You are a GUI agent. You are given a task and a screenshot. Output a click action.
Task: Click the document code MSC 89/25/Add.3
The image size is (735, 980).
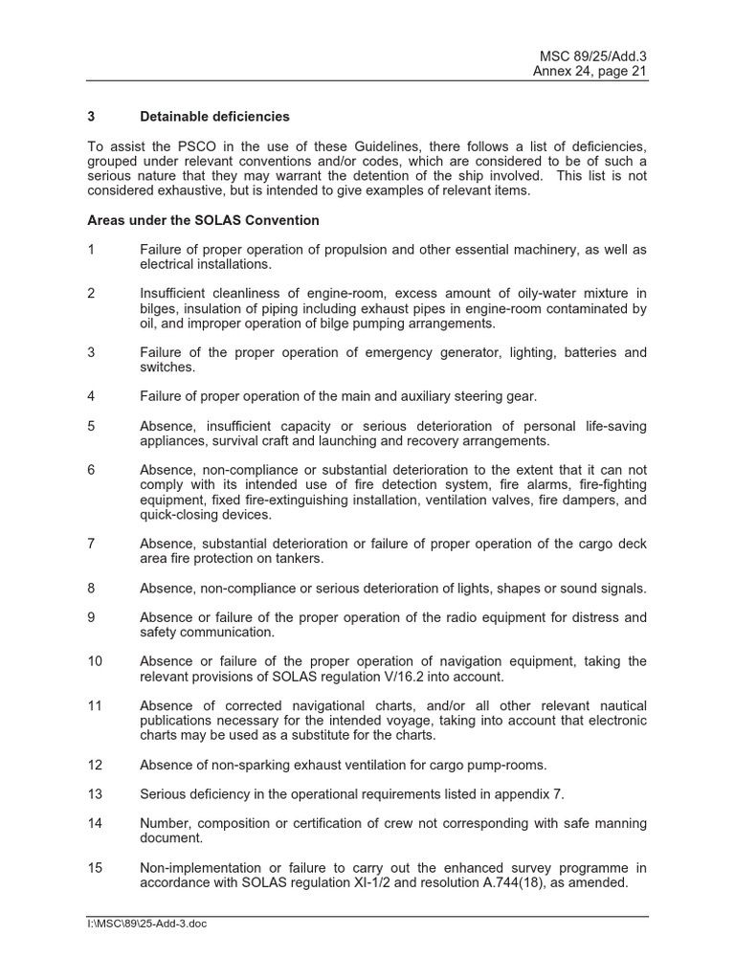click(x=598, y=56)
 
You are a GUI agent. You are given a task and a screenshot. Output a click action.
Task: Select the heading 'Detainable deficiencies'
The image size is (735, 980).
click(x=214, y=117)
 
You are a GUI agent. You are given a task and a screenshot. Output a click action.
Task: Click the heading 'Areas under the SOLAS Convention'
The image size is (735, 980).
click(x=203, y=220)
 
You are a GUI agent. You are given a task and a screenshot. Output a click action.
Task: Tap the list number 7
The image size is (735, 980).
click(x=91, y=544)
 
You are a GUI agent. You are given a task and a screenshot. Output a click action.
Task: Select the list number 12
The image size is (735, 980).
click(x=94, y=764)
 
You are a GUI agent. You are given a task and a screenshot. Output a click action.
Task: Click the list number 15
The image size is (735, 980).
click(x=94, y=867)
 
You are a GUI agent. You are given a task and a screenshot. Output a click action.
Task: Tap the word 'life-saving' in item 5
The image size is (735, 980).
click(x=610, y=426)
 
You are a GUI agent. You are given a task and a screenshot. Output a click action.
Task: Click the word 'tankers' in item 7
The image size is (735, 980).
click(x=298, y=558)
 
